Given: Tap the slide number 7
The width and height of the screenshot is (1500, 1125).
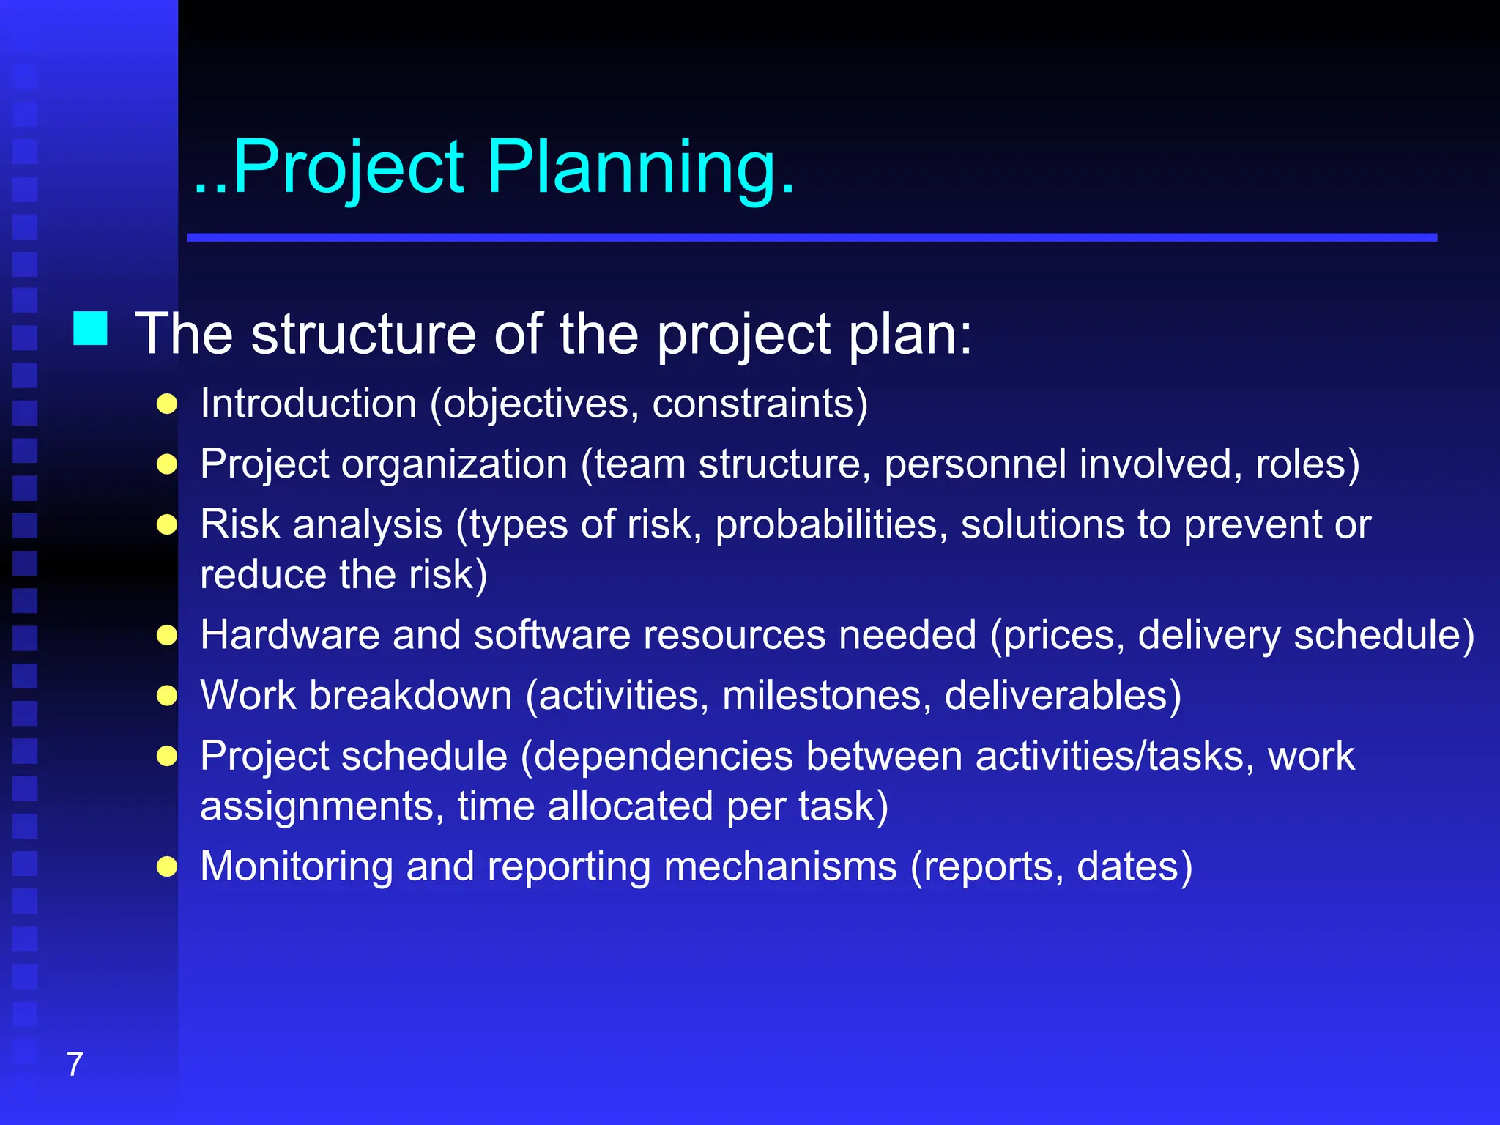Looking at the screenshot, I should tap(75, 1064).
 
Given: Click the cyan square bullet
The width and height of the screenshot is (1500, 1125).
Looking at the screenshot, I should tap(91, 328).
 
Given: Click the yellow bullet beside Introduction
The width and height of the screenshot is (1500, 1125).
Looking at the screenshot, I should tap(167, 404).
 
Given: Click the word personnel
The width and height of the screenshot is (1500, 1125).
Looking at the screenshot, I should tap(975, 464).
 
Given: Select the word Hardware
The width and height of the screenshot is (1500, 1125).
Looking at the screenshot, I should tap(290, 634).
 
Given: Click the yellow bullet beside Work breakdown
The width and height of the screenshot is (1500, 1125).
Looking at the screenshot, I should tap(167, 696).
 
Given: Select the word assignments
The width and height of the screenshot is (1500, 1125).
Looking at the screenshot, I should tap(322, 806).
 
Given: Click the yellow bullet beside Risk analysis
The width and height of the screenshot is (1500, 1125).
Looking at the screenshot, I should tap(167, 525).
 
